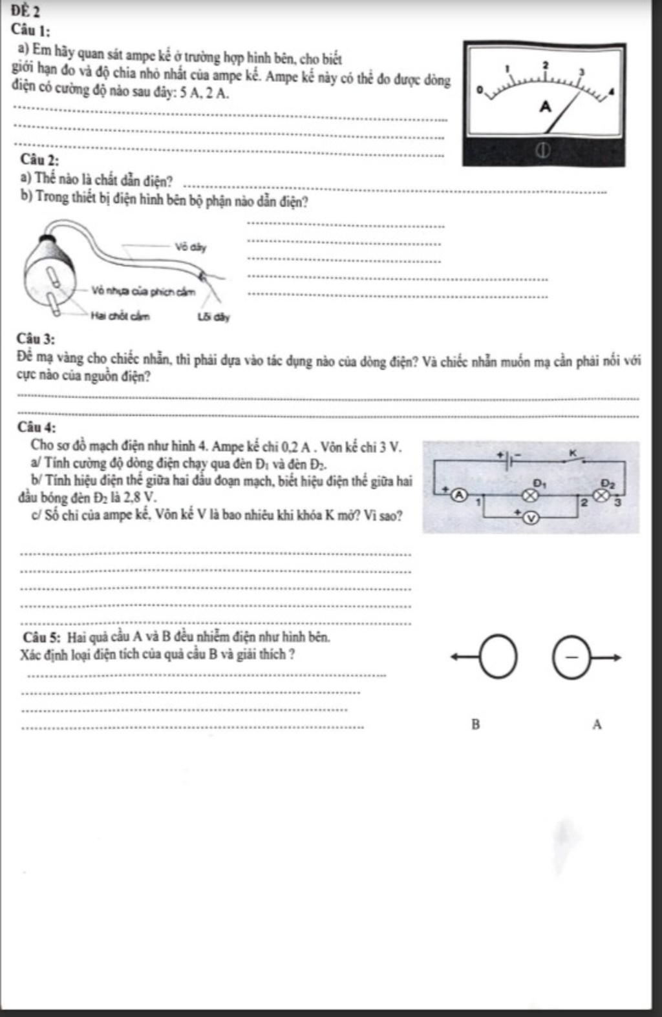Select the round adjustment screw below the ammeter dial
tap(544, 151)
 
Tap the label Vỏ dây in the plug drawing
tap(190, 247)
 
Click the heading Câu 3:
tap(36, 339)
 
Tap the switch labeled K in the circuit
tap(576, 459)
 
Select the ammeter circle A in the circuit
tap(458, 495)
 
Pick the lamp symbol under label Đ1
tap(531, 495)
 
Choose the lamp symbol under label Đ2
tap(603, 495)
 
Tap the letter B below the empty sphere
tap(476, 724)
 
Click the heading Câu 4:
tap(37, 427)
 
